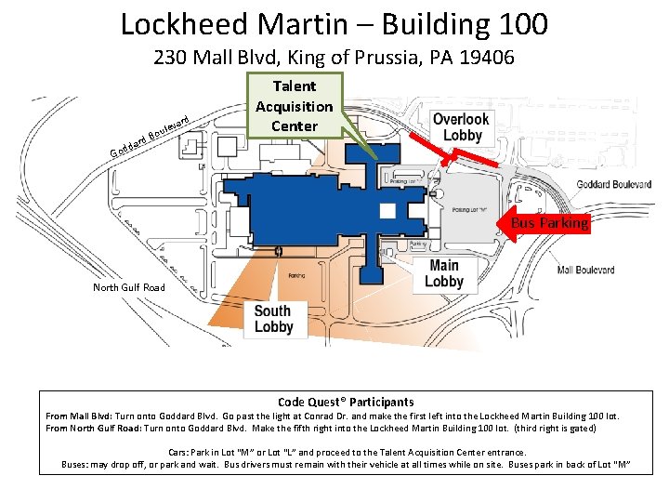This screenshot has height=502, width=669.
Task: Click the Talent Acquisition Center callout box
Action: [x=294, y=106]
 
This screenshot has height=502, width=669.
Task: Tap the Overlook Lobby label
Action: [x=461, y=127]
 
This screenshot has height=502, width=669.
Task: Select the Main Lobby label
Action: [x=444, y=273]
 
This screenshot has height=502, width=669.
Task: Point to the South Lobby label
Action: [x=273, y=319]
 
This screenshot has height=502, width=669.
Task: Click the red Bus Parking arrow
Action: [x=548, y=223]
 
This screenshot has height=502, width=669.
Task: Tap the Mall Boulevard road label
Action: [x=585, y=271]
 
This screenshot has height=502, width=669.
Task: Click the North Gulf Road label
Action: [x=129, y=287]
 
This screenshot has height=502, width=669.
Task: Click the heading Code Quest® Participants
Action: [x=346, y=402]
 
